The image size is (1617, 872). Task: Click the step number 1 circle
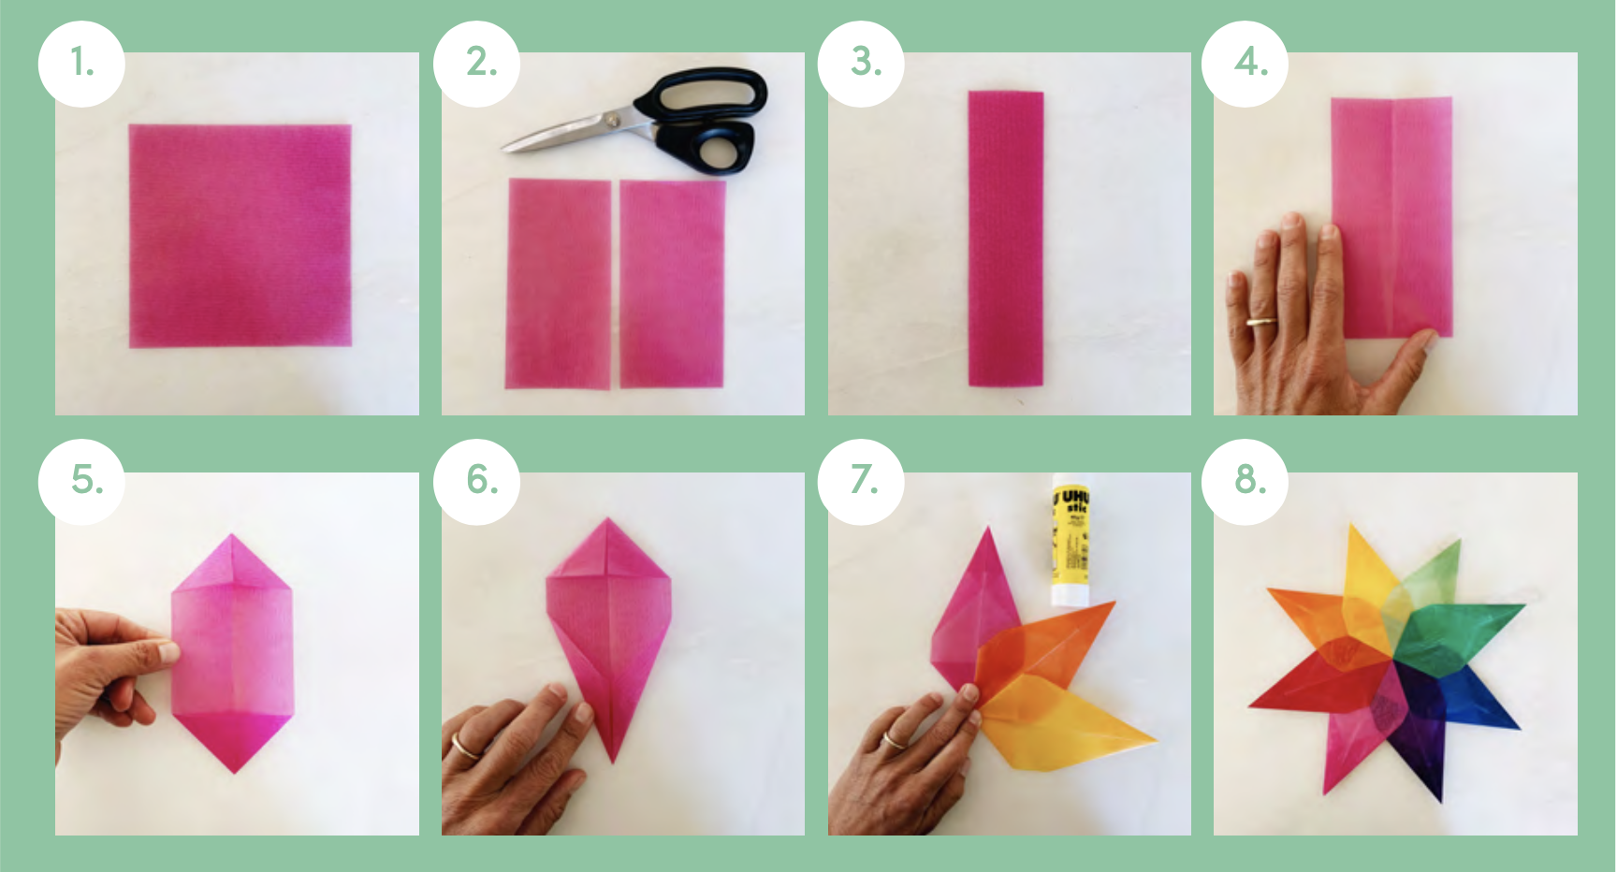point(81,64)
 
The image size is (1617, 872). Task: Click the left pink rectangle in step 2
point(558,284)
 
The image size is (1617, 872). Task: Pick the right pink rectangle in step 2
point(672,284)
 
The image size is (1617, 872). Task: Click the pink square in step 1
point(240,236)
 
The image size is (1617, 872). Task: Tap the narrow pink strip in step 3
point(1005,239)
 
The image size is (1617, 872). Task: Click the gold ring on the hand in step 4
point(1260,323)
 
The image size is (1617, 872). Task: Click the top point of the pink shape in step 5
point(232,539)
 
